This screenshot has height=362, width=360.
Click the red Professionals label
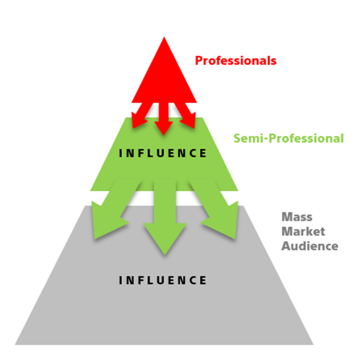(x=236, y=61)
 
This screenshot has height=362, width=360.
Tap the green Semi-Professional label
(x=288, y=138)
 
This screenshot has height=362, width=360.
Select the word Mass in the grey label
(x=297, y=217)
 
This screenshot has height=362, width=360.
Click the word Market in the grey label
(x=303, y=231)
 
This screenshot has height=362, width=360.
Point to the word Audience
(x=310, y=246)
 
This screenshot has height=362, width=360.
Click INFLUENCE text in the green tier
(x=162, y=154)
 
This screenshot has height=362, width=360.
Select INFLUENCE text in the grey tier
(x=162, y=280)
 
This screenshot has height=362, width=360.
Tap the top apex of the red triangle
(x=164, y=37)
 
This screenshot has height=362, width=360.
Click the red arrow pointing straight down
(x=164, y=119)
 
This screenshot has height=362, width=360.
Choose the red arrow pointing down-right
(x=187, y=116)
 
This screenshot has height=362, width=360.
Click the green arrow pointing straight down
(x=165, y=217)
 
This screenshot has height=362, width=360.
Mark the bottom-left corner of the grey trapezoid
(x=15, y=344)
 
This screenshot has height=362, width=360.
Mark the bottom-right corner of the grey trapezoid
(x=313, y=344)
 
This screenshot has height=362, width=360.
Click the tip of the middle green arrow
(x=165, y=255)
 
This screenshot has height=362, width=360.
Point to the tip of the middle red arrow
(x=164, y=135)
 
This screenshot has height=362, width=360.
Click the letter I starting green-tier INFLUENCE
(x=120, y=154)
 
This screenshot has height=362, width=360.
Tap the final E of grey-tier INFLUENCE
(x=203, y=280)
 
